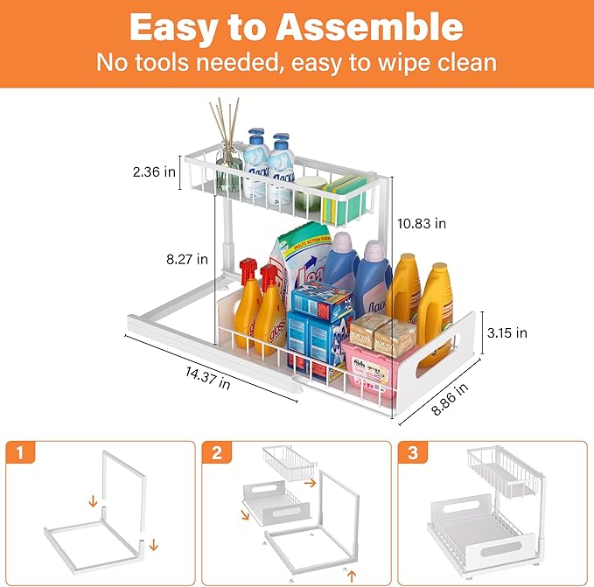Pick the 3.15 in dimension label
coord(507,332)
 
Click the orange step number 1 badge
coord(17,452)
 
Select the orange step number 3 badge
coord(411,452)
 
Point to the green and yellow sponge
coord(339,198)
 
